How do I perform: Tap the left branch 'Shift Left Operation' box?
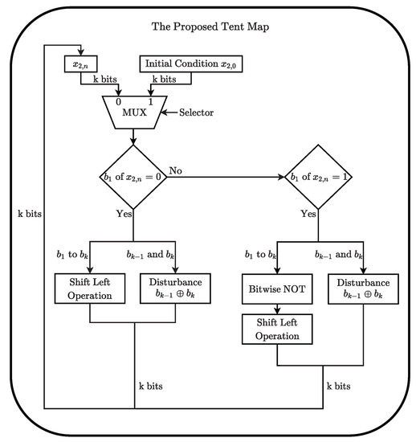coord(91,289)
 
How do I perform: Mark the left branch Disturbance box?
coord(174,289)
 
